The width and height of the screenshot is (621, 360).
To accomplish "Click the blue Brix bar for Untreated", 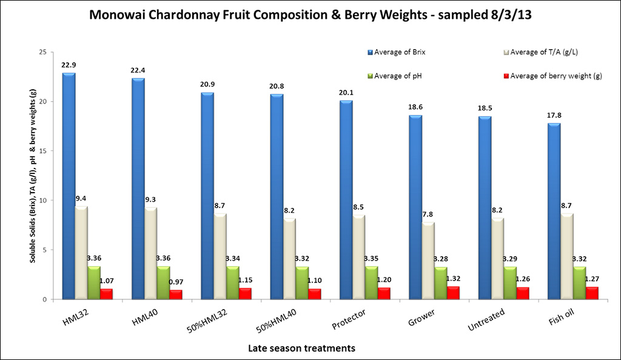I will point(485,207).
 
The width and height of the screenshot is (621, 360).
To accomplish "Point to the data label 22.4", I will point(138,70).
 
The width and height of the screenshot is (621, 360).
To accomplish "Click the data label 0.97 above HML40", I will point(176,281).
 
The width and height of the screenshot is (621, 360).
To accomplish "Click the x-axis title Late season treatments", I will point(301,348).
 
